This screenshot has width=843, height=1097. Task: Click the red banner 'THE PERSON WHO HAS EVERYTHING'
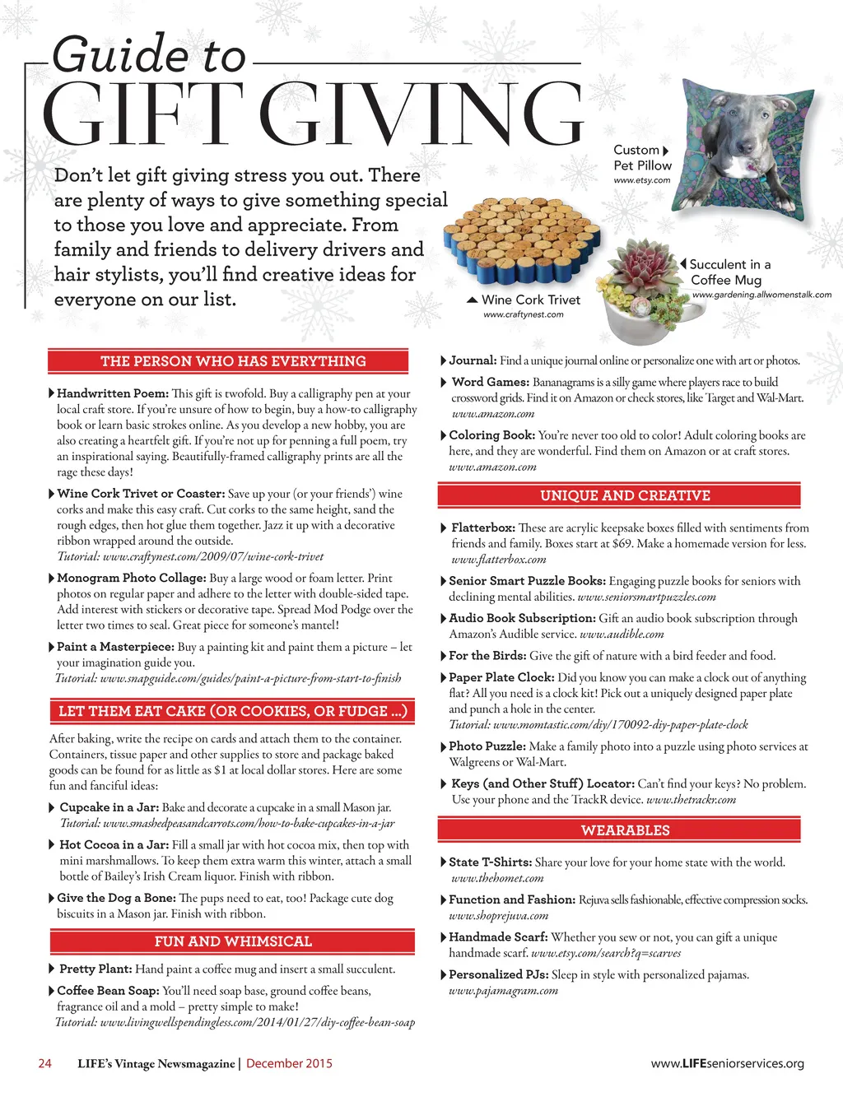click(233, 361)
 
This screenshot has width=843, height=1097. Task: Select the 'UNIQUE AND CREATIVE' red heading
click(625, 495)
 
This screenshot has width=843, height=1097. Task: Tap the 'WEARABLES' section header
click(625, 830)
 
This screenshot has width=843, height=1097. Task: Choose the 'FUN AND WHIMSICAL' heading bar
click(233, 941)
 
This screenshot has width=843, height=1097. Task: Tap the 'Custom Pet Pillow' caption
click(642, 157)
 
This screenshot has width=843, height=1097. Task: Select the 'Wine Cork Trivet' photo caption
click(530, 300)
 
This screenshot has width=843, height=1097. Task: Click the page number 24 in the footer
click(45, 1063)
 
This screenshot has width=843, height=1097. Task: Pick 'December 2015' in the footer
click(289, 1063)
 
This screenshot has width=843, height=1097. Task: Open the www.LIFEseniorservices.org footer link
click(727, 1063)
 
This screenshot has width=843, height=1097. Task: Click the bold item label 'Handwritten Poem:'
click(112, 393)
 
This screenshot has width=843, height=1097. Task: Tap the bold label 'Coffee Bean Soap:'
click(108, 991)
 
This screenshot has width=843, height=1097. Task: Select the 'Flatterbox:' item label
click(483, 528)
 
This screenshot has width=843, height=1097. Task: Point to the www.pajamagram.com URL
click(503, 991)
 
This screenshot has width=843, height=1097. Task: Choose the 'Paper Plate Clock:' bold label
click(501, 677)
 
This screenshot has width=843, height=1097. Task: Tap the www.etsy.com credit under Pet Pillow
click(642, 180)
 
